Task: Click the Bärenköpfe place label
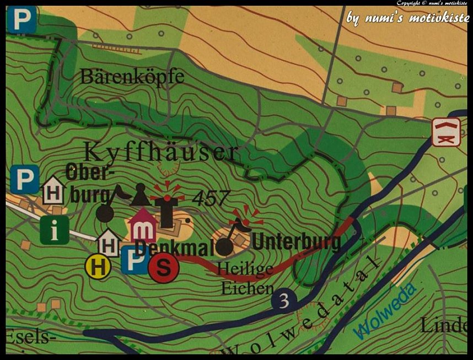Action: pos(132,77)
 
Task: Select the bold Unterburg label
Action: pos(296,241)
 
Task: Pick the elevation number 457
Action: pos(210,198)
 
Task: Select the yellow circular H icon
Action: pos(98,267)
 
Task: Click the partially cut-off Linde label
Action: pos(443,325)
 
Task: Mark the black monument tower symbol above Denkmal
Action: pos(166,209)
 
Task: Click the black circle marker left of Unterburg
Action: pos(224,246)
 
